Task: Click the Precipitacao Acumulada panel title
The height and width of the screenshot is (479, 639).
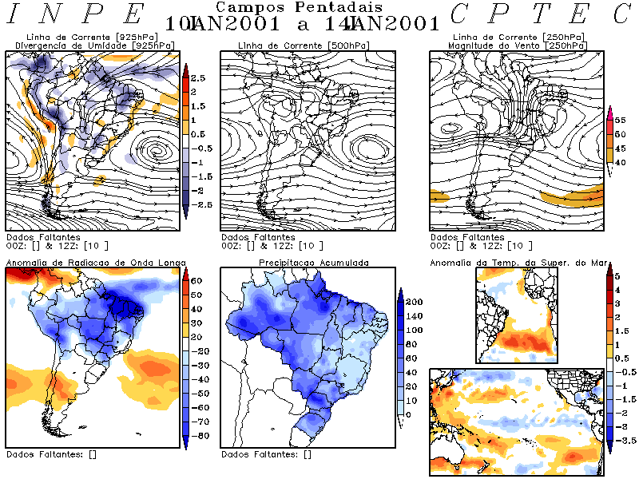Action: (x=313, y=262)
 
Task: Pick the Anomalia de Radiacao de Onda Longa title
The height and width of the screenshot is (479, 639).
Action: (x=96, y=262)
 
